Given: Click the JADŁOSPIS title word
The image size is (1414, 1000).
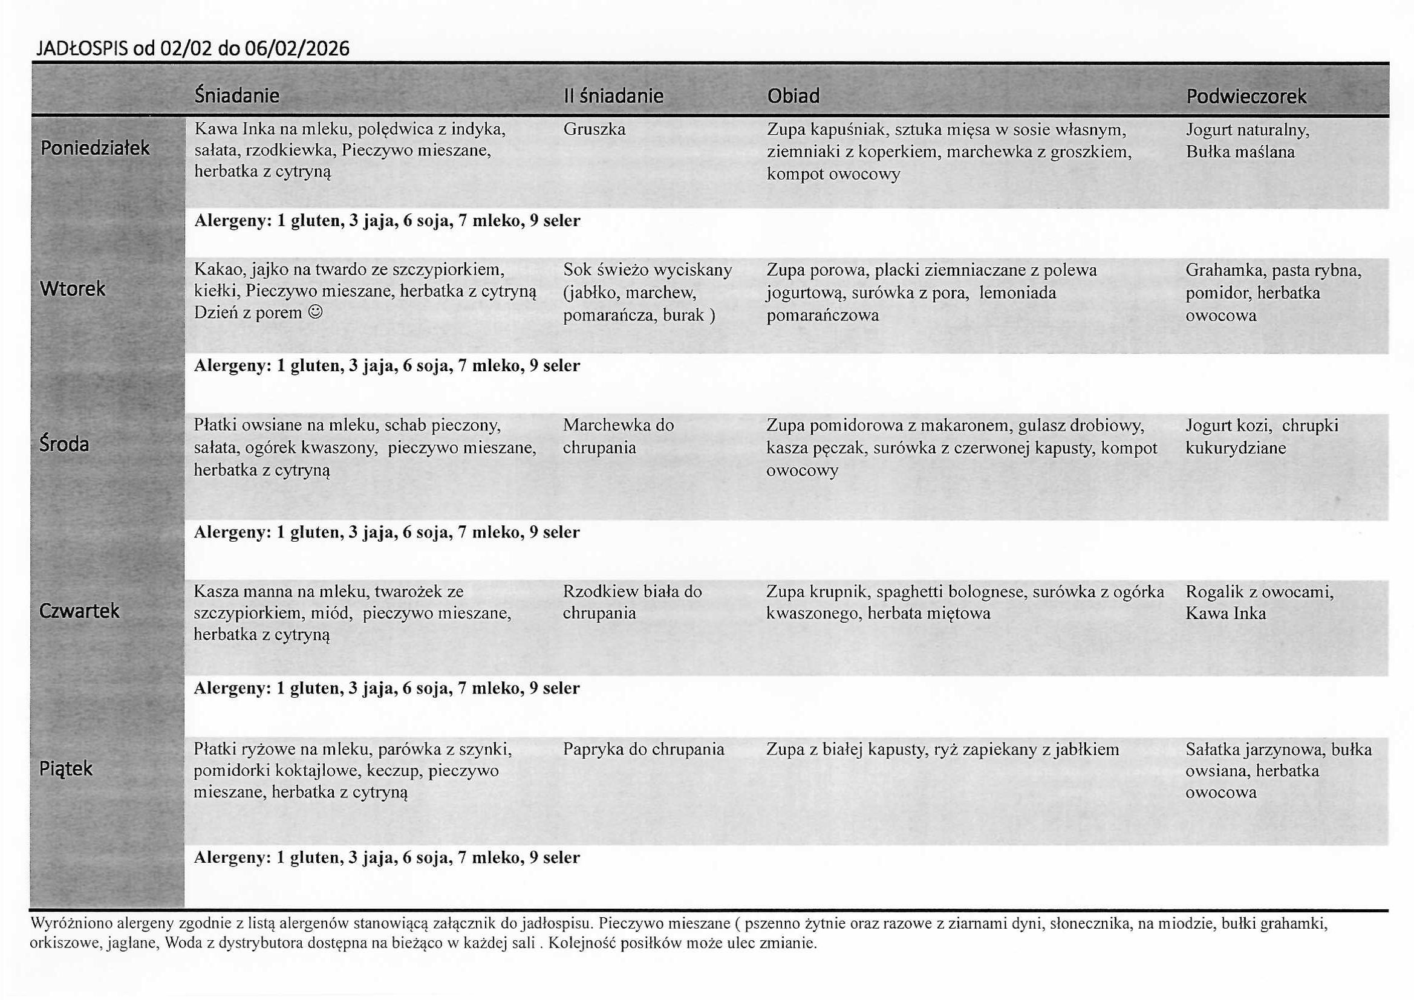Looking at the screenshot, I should [83, 48].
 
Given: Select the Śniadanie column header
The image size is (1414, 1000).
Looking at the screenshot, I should [236, 96].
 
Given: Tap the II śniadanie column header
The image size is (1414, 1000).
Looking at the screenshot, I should [613, 96].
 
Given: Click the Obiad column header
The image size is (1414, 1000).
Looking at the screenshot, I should [793, 96].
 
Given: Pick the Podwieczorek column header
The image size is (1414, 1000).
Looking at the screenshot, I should [1246, 97].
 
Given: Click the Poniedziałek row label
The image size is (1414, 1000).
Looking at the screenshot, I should [95, 148].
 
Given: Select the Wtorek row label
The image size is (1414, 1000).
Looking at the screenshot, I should [72, 288].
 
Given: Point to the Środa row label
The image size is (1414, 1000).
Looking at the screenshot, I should [64, 444].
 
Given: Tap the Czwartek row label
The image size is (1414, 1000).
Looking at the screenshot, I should [79, 611].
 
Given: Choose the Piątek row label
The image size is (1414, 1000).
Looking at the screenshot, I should [65, 768].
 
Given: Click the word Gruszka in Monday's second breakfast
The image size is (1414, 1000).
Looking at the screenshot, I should [594, 129].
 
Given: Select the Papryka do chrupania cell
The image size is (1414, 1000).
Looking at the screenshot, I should [643, 749].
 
